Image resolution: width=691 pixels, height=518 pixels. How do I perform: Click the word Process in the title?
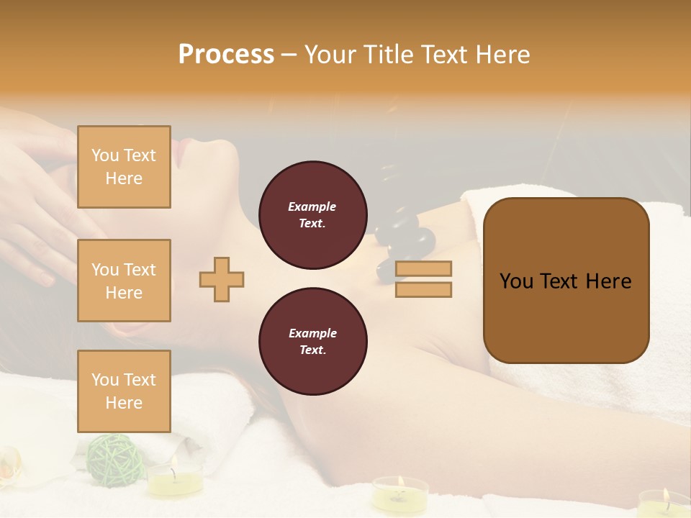click(226, 55)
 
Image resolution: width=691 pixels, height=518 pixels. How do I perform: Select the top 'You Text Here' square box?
click(124, 167)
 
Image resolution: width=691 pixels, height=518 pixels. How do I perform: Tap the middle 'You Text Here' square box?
click(124, 281)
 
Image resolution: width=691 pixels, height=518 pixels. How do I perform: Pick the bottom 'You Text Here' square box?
click(124, 391)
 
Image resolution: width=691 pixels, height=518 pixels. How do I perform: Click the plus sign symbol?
click(222, 279)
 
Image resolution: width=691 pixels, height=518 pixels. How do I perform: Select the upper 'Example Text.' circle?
click(312, 215)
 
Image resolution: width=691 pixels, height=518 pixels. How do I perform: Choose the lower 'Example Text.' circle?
click(312, 341)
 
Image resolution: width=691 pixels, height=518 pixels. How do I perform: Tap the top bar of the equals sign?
click(423, 268)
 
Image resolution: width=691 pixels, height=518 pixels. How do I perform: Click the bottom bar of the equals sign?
click(423, 289)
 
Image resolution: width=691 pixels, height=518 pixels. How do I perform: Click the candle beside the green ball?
click(175, 479)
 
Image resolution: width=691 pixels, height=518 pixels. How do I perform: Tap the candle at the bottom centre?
click(399, 493)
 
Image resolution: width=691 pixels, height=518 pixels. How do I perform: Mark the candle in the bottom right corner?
click(662, 502)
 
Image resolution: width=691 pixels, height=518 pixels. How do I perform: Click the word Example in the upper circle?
click(312, 206)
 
